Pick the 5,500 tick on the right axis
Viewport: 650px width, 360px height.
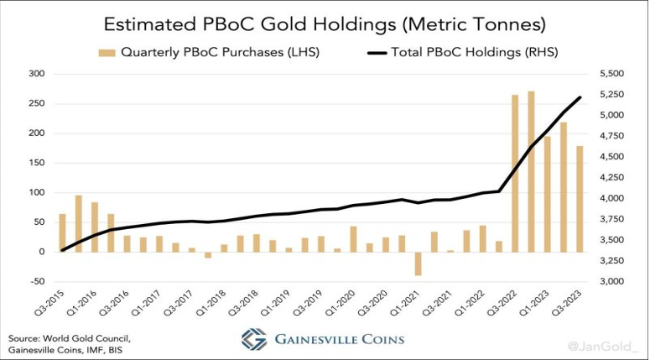pos(613,74)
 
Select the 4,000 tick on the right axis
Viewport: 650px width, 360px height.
pos(613,199)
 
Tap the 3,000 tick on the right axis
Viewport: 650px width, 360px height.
pos(613,282)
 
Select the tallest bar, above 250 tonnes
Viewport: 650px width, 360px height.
pos(531,171)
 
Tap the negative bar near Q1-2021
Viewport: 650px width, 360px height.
pos(418,263)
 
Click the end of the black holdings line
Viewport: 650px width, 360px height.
pos(580,98)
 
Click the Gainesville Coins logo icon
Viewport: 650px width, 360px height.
pos(254,339)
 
